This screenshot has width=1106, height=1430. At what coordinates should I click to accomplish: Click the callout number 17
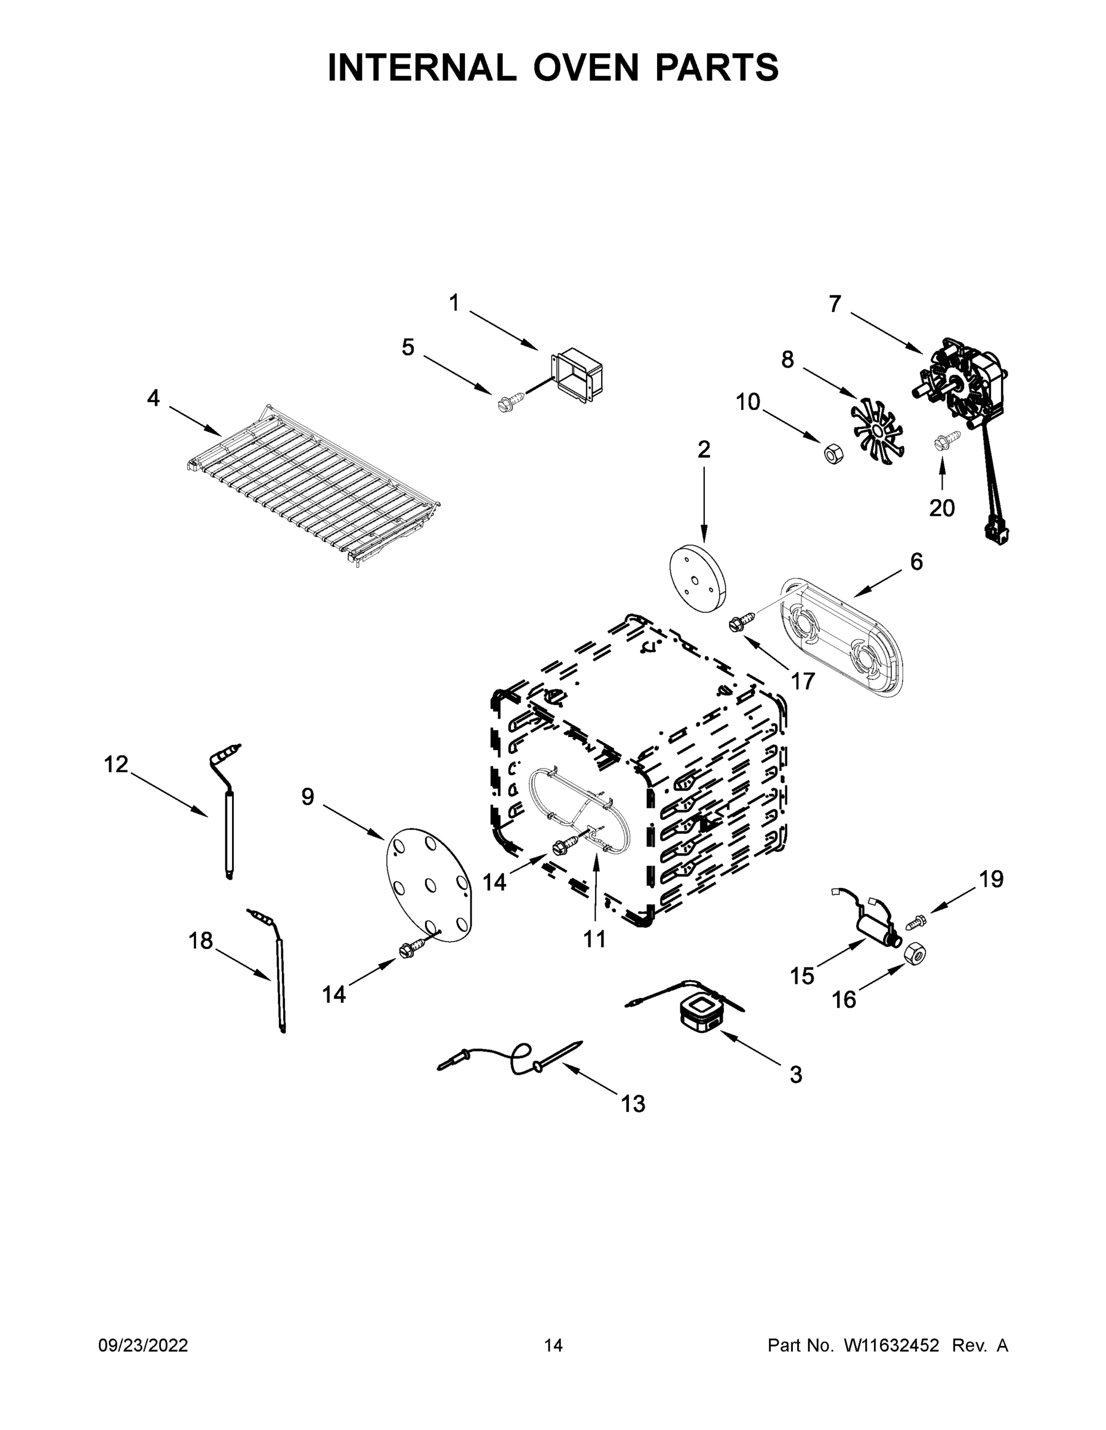(x=802, y=681)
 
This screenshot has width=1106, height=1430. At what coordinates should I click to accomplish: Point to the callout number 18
(x=200, y=941)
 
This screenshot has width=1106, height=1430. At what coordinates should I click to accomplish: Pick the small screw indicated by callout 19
(x=916, y=922)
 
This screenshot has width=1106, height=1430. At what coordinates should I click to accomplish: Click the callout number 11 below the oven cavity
(x=594, y=939)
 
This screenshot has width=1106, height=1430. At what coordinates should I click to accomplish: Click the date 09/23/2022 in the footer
(x=143, y=1345)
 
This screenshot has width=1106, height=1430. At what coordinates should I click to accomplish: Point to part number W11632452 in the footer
(x=891, y=1345)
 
